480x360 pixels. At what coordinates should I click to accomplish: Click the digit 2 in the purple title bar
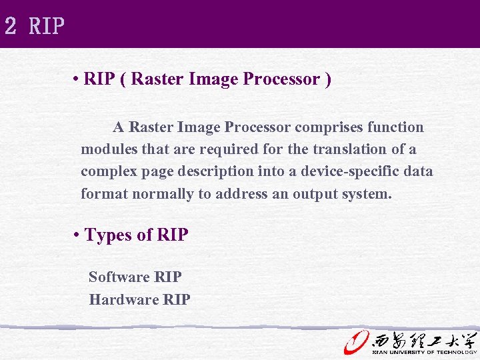(x=10, y=26)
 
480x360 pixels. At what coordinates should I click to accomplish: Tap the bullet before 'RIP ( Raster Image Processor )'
(x=78, y=80)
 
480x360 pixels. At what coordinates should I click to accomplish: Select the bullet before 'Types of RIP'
(x=78, y=235)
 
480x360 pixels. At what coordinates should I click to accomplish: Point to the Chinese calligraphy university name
(x=424, y=339)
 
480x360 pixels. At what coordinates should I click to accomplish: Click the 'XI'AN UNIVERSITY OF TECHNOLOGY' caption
(x=424, y=352)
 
